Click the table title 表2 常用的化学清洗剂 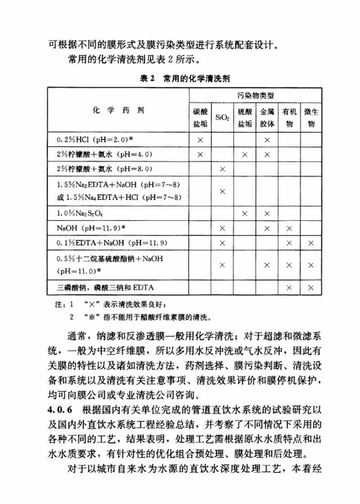pos(185,79)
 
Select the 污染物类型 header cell pos(256,95)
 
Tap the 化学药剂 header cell pos(119,109)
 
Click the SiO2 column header pos(222,118)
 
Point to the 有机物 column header pos(289,118)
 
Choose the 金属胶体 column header pos(267,118)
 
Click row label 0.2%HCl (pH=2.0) pos(94,140)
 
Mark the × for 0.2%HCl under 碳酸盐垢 pos(200,140)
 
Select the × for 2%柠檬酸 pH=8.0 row pos(222,169)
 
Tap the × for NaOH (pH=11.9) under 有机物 pos(289,228)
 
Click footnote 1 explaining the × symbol pos(121,305)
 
